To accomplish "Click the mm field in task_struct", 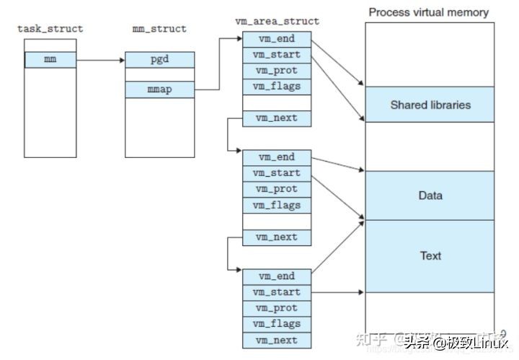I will click(x=50, y=59).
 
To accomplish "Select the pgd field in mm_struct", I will click(x=159, y=59).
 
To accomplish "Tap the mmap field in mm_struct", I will click(x=159, y=89).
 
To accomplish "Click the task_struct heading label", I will click(x=50, y=29).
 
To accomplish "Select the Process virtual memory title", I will click(x=428, y=12).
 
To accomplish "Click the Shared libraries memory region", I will click(x=430, y=105).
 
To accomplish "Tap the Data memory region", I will click(x=430, y=196).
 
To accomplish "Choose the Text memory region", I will click(x=430, y=255).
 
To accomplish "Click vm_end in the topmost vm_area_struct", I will click(x=276, y=39).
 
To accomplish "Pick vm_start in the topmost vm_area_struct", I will click(x=276, y=55).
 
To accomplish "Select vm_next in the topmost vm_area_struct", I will click(x=276, y=118).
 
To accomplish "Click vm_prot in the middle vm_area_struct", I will click(x=276, y=189).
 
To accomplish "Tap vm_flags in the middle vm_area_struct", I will click(x=276, y=205).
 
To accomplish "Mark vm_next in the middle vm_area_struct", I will click(x=276, y=237).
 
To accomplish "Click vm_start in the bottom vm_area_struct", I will click(x=276, y=292).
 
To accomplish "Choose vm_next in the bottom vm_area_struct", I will click(x=276, y=340).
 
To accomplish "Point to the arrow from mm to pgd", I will click(x=100, y=60).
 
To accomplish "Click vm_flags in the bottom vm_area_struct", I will click(x=276, y=324).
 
